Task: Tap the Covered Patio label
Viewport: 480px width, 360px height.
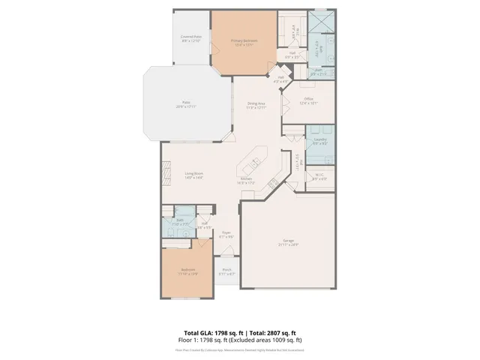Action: click(x=191, y=36)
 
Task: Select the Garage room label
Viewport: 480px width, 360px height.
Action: click(x=288, y=240)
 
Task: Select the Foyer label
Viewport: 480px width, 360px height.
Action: click(x=226, y=233)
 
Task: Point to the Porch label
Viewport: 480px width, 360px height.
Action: click(x=226, y=270)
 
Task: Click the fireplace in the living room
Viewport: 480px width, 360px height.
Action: click(x=166, y=174)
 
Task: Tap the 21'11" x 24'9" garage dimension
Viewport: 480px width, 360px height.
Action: click(x=288, y=244)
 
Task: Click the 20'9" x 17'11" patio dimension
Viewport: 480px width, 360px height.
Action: click(x=184, y=107)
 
